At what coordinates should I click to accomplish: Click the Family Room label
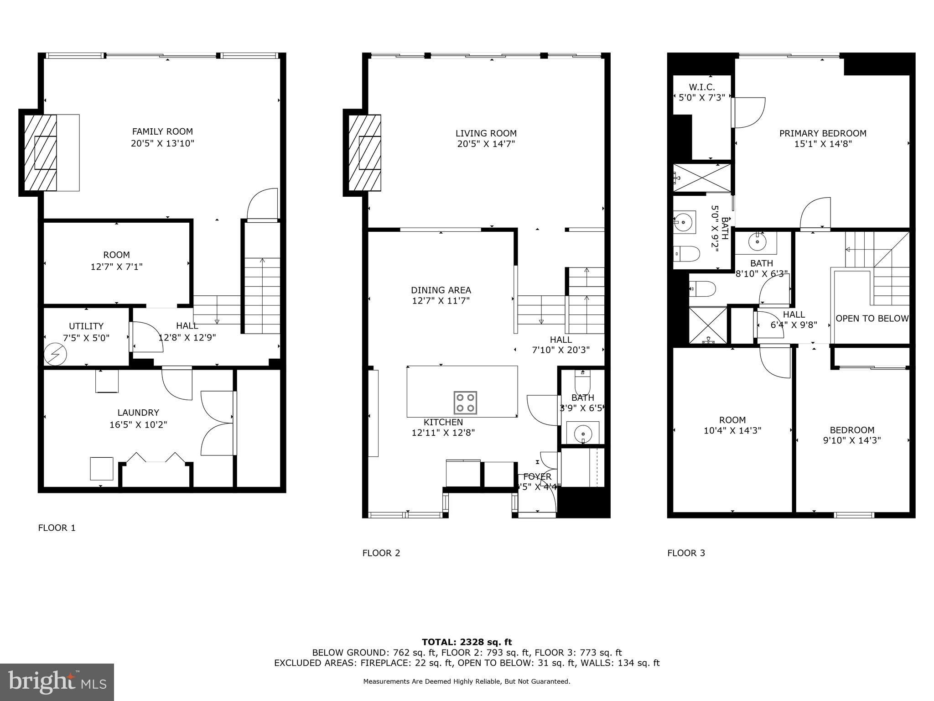click(x=162, y=131)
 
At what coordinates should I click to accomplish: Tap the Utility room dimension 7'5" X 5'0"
click(x=86, y=338)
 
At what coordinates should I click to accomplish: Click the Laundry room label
click(x=138, y=413)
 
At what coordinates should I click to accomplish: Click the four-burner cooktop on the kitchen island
click(x=465, y=403)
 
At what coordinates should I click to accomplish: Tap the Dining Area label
click(x=441, y=290)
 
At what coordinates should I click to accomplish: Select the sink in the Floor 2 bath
click(x=582, y=432)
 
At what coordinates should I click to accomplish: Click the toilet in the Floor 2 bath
click(x=582, y=381)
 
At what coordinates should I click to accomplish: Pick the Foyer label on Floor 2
click(x=537, y=476)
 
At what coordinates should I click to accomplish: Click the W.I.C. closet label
click(x=702, y=87)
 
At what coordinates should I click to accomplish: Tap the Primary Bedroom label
click(x=823, y=133)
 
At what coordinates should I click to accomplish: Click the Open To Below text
click(x=872, y=319)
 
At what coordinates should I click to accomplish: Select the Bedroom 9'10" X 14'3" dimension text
click(x=851, y=440)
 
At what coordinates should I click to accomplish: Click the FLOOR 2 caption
click(x=381, y=553)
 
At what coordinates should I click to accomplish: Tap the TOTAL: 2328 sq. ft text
click(x=467, y=642)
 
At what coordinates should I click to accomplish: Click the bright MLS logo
click(x=57, y=682)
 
